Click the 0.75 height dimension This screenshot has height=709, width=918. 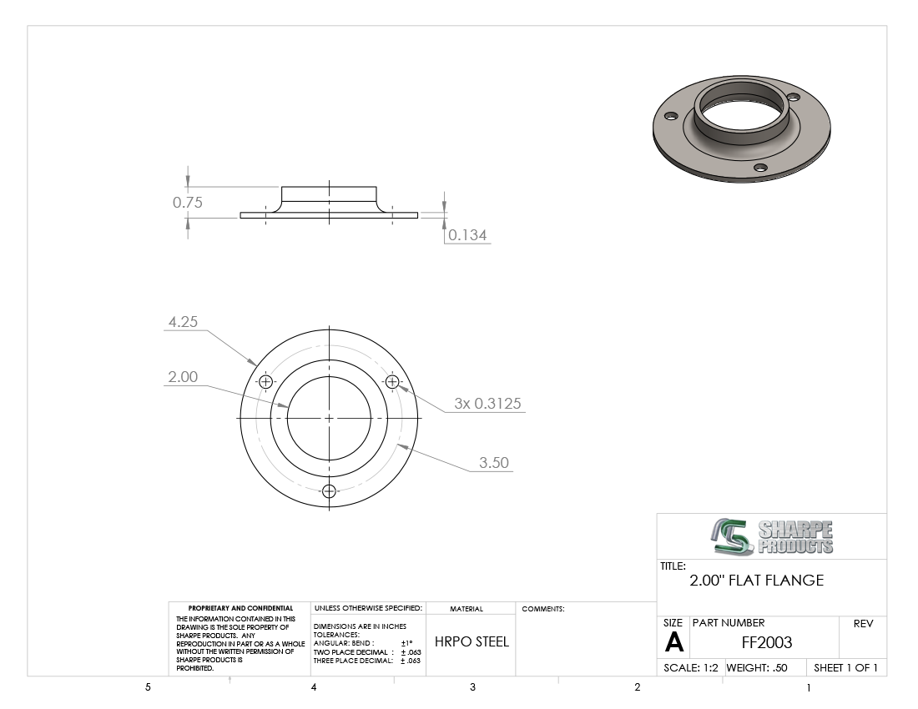click(187, 203)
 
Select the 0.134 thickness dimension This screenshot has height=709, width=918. click(467, 235)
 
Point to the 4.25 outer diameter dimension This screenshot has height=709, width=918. click(183, 322)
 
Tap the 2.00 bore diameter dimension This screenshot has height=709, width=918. click(183, 377)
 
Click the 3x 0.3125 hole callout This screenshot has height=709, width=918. click(487, 404)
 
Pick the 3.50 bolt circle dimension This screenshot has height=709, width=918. click(493, 463)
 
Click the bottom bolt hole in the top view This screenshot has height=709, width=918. click(329, 490)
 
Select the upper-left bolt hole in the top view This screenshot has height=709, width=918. click(265, 382)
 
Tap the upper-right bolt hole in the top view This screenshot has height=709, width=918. click(392, 382)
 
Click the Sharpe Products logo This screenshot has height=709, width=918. click(772, 536)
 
